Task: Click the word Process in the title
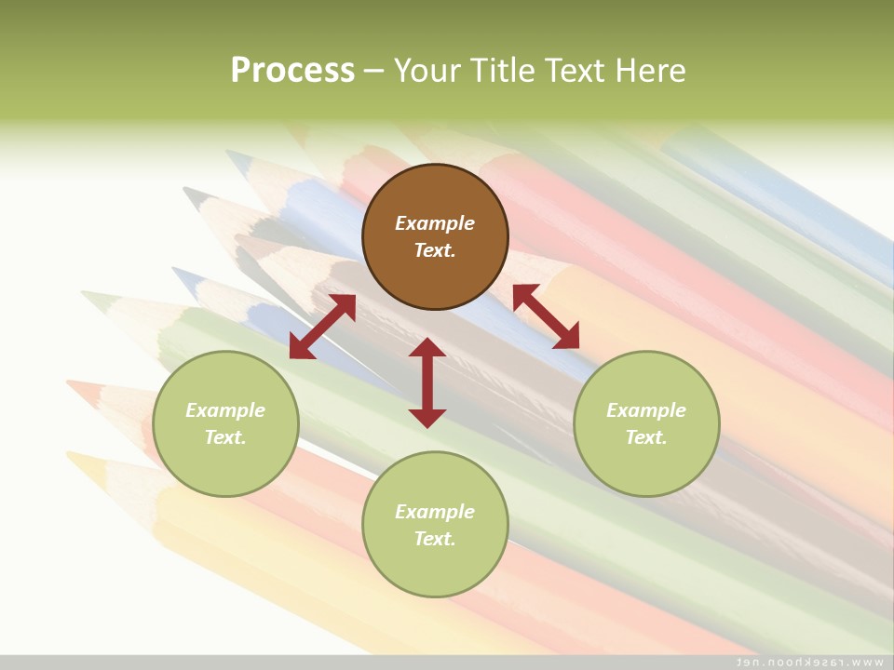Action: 292,71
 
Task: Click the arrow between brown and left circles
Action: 322,327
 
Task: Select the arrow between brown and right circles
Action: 546,316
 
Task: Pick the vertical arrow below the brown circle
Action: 427,382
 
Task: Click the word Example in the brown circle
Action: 435,223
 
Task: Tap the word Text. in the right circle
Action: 646,437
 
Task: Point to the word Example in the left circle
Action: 225,410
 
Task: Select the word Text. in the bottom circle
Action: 435,539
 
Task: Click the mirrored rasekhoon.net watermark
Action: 809,662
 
